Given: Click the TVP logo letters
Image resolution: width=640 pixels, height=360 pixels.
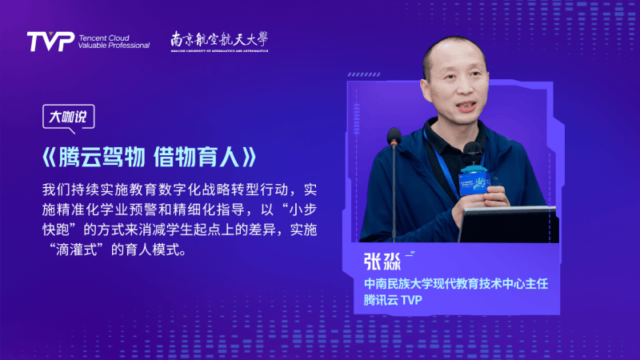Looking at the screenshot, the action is click(50, 42).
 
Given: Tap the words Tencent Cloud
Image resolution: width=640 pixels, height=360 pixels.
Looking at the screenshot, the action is click(104, 38).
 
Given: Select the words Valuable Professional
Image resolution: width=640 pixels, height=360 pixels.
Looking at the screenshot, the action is click(114, 46).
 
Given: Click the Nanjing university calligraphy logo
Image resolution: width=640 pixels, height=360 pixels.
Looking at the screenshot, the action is click(219, 42).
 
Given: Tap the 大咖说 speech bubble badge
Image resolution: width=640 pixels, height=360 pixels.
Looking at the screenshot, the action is click(69, 118).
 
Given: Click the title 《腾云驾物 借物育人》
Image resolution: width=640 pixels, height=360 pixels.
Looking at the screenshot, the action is click(150, 157).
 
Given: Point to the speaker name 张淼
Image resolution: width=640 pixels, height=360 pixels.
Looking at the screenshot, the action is click(382, 262).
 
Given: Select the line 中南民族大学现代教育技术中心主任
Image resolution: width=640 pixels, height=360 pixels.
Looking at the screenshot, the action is click(456, 284).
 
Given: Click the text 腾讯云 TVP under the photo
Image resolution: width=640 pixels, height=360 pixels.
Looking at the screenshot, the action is click(393, 300).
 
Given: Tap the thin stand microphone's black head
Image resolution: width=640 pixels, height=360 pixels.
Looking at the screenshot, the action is click(394, 136).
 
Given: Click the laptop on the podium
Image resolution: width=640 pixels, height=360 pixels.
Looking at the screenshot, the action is click(508, 224).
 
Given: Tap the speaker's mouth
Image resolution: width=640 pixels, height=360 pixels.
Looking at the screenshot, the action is click(466, 106).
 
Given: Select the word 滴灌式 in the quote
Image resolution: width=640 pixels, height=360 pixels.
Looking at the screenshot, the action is click(77, 250).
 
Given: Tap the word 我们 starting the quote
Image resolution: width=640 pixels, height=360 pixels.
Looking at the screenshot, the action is click(56, 190).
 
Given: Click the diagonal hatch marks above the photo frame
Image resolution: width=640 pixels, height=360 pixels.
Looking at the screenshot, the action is click(364, 74).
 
